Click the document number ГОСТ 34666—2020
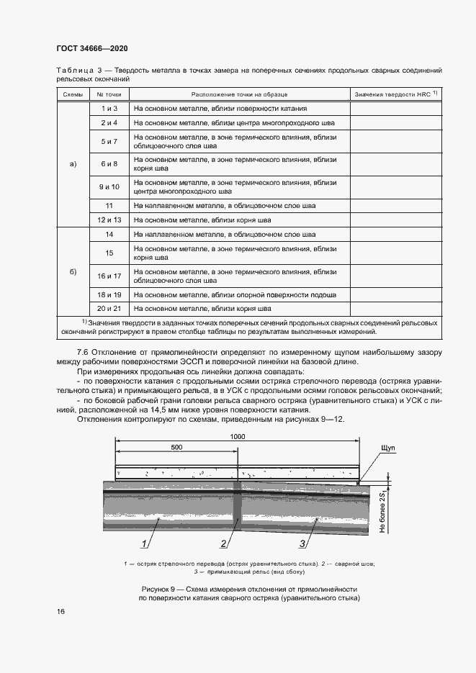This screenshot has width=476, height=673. coord(91,48)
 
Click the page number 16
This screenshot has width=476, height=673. coord(60,611)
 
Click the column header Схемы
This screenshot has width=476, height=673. coord(72,94)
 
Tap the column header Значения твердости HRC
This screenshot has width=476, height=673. coord(395,94)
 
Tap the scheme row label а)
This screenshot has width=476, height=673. coord(72,163)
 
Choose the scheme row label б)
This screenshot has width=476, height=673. coord(72,271)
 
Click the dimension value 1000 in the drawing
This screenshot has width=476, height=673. coord(238,437)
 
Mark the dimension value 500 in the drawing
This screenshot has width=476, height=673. coord(176,448)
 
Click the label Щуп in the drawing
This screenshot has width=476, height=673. coord(385,448)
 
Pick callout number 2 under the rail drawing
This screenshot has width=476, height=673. coord(225,543)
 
